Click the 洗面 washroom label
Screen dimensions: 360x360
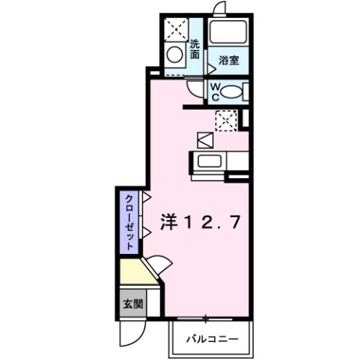pyautogui.click(x=195, y=49)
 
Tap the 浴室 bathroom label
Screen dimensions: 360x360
pyautogui.click(x=229, y=60)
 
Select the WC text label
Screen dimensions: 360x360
pyautogui.click(x=214, y=92)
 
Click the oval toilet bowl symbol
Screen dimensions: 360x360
pyautogui.click(x=234, y=92)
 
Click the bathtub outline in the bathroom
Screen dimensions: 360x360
pyautogui.click(x=229, y=34)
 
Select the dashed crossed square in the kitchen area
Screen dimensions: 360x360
pyautogui.click(x=225, y=119)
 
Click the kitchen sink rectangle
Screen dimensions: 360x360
pyautogui.click(x=208, y=160)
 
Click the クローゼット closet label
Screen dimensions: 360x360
pyautogui.click(x=129, y=222)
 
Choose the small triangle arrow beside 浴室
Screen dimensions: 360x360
pyautogui.click(x=201, y=67)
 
